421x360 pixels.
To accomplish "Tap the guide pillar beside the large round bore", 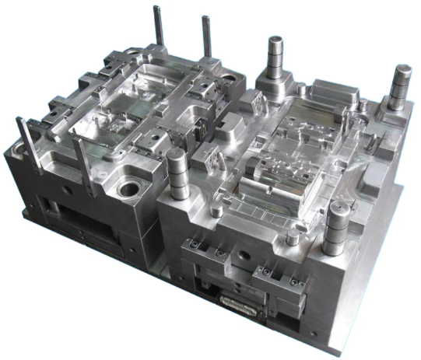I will [176, 172].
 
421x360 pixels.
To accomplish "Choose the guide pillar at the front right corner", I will [336, 225].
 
